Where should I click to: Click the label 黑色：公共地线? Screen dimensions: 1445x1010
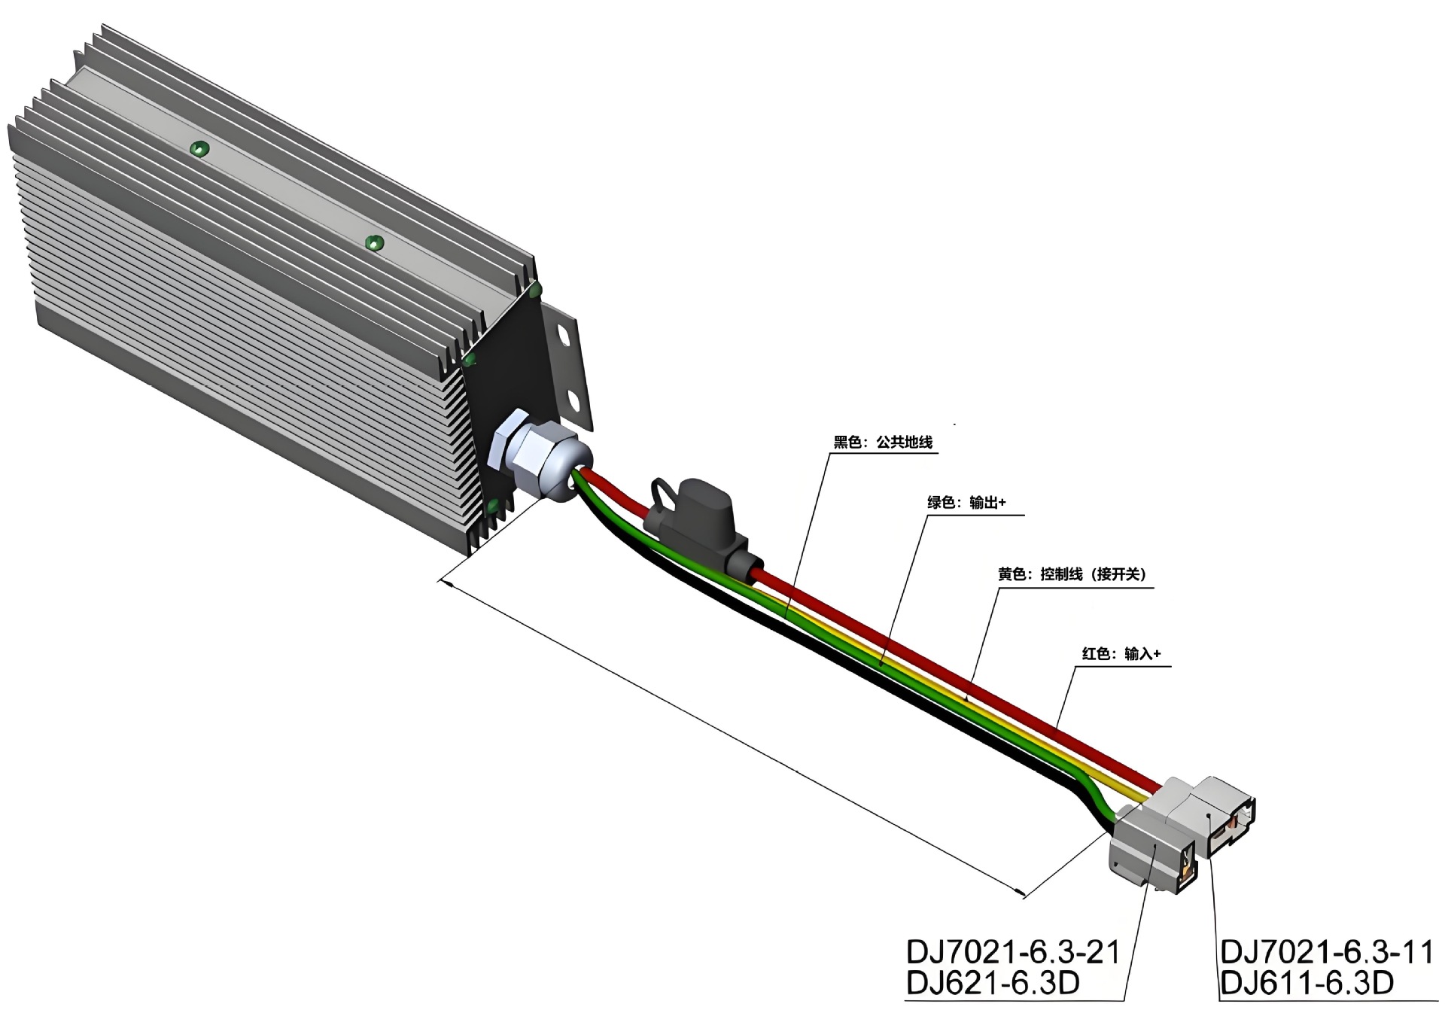pyautogui.click(x=883, y=443)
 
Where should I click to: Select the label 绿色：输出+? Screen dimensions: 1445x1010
pyautogui.click(x=966, y=502)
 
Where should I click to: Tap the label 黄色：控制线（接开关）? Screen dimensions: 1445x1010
pyautogui.click(x=1072, y=574)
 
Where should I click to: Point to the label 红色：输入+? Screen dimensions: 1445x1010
pyautogui.click(x=1121, y=653)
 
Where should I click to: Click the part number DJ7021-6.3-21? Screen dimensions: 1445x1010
pyautogui.click(x=1013, y=952)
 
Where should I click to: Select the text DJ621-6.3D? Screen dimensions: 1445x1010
pyautogui.click(x=993, y=983)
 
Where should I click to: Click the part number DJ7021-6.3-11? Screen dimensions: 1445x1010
pyautogui.click(x=1327, y=952)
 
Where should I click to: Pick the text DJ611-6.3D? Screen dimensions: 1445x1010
pyautogui.click(x=1307, y=983)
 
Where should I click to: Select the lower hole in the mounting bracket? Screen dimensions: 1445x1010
pyautogui.click(x=573, y=400)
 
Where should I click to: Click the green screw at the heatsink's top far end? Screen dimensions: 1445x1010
pyautogui.click(x=199, y=148)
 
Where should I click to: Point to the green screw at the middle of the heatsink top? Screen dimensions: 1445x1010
pyautogui.click(x=374, y=243)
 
